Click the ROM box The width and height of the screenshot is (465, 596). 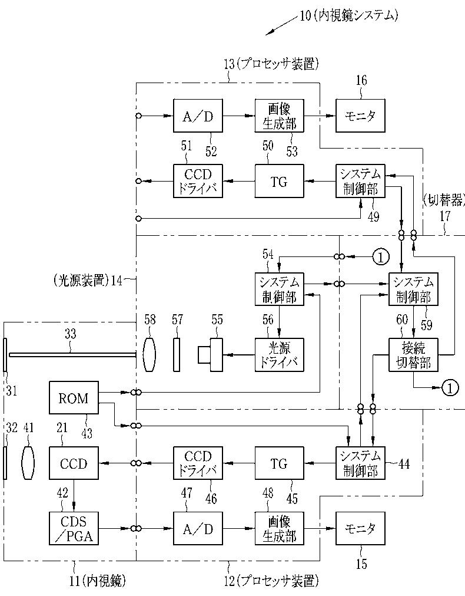pos(74,397)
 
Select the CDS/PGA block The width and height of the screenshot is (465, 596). pos(74,528)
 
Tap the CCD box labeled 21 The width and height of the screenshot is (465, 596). pos(74,463)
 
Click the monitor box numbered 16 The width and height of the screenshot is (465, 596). pos(360,116)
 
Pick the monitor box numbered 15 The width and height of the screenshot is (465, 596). pos(360,528)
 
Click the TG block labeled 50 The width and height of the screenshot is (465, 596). pos(279,181)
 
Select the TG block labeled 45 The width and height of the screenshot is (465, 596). pos(279,463)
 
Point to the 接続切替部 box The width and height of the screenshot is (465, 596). pos(413,355)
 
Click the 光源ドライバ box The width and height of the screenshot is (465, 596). pos(279,355)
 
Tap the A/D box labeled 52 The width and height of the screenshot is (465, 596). pos(198,116)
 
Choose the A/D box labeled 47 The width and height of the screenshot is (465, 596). pos(198,528)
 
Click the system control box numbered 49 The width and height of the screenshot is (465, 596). pos(360,181)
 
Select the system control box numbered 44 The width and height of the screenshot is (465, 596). pos(360,463)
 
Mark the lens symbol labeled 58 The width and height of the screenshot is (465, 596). pos(150,355)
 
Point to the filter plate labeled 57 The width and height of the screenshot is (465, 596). pos(177,355)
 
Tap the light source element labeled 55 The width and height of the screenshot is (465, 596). pos(210,355)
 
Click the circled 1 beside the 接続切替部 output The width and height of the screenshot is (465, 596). pos(450,388)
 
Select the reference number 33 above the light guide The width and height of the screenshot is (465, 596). pos(70,334)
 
